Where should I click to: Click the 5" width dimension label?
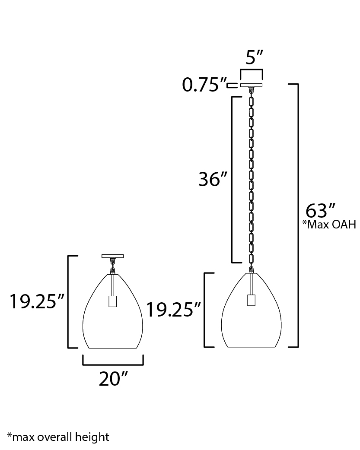pyautogui.click(x=254, y=57)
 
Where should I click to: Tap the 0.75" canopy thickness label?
pyautogui.click(x=204, y=85)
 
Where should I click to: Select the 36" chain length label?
pyautogui.click(x=213, y=179)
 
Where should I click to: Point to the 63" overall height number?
pyautogui.click(x=320, y=211)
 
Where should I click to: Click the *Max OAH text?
pyautogui.click(x=329, y=225)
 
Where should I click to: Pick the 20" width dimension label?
pyautogui.click(x=113, y=379)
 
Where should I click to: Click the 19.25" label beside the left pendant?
pyautogui.click(x=37, y=301)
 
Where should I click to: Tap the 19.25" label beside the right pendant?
pyautogui.click(x=173, y=310)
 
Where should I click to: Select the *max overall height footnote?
pyautogui.click(x=58, y=437)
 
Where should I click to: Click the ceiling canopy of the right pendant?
pyautogui.click(x=252, y=85)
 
